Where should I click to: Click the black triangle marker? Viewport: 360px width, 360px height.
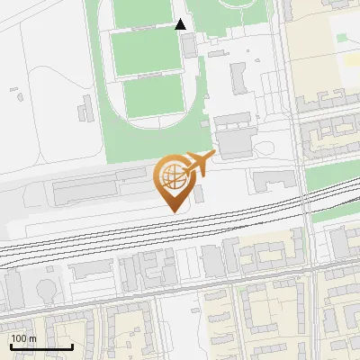coord(181,24)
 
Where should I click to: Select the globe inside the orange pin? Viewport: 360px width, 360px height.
coord(172,175)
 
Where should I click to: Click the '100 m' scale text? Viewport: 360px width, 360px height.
coord(24,338)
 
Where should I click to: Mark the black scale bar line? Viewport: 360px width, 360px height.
coord(40,346)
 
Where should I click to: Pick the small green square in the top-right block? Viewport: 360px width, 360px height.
coord(342,38)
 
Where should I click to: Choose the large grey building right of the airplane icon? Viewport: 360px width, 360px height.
coord(236,144)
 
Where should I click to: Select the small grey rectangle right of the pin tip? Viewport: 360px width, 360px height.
coord(199,194)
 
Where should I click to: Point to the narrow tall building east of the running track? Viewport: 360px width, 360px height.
coord(238,78)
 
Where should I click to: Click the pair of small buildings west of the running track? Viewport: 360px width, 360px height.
coord(85,111)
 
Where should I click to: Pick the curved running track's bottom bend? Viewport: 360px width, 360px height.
coord(148,126)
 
